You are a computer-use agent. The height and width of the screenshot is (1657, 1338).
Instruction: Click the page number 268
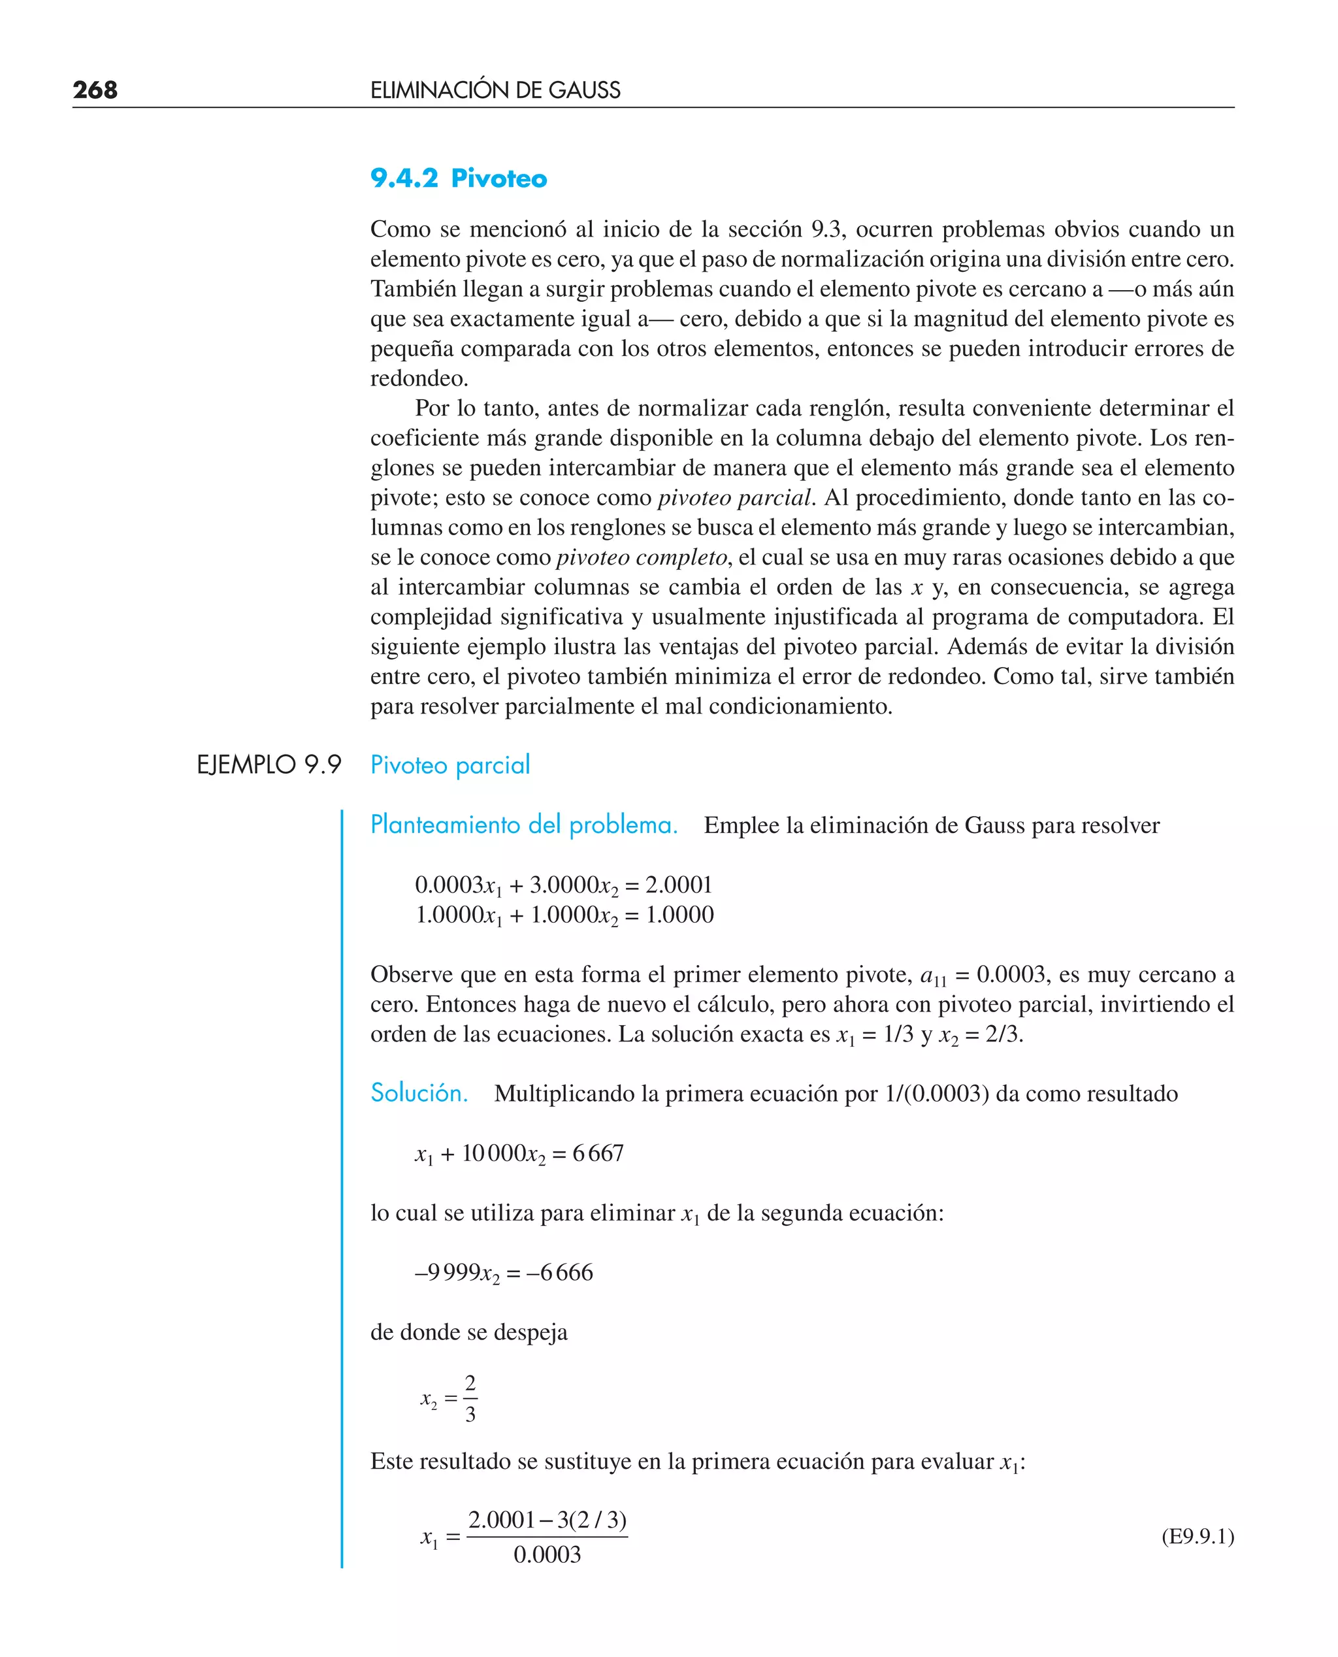[x=95, y=90]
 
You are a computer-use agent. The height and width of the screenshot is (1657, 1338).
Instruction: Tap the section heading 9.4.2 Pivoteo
[x=459, y=179]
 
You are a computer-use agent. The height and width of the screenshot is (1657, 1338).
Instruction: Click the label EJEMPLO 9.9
[x=269, y=765]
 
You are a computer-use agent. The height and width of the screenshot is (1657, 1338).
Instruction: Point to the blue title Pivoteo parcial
[x=450, y=765]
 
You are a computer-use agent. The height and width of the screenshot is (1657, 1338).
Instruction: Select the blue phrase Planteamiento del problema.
[x=524, y=825]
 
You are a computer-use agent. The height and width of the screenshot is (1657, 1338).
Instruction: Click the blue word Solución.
[x=419, y=1093]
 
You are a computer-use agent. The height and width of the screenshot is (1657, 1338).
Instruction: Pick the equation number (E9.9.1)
[x=1197, y=1537]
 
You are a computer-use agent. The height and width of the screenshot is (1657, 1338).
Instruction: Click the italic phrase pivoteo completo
[x=642, y=557]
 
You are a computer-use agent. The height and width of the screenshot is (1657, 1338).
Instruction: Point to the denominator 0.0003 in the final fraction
[x=547, y=1554]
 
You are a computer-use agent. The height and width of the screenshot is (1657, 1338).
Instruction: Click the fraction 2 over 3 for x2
[x=470, y=1398]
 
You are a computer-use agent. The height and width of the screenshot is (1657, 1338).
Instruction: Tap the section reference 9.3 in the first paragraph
[x=825, y=230]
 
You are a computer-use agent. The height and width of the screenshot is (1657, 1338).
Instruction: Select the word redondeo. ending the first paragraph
[x=419, y=378]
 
